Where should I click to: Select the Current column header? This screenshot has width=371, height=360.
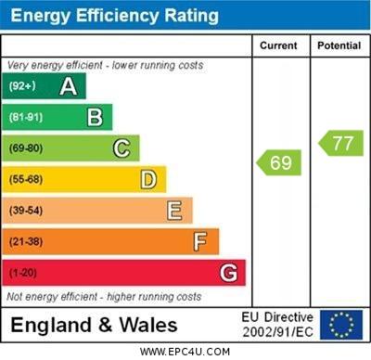coord(278,45)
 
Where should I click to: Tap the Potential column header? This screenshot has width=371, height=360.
coord(339,45)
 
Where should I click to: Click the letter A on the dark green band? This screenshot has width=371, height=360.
coord(68,86)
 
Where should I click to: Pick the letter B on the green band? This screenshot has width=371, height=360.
coord(95,117)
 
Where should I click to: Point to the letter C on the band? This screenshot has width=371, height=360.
coord(121,148)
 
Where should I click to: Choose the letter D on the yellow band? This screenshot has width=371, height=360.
coord(147,179)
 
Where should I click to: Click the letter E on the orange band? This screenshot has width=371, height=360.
coord(173,211)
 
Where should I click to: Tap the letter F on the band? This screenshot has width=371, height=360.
coord(199,242)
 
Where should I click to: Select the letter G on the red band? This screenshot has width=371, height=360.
coord(228,273)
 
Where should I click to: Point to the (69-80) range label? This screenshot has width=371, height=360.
coord(27,148)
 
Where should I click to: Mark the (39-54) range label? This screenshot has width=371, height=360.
coord(27,211)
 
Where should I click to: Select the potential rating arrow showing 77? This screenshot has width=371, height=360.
coord(340,143)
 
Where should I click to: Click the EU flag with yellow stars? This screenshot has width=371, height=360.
coord(341,325)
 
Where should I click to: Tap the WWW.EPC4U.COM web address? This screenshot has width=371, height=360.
coord(185,352)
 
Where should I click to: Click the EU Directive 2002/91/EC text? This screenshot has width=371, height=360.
coord(277,325)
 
